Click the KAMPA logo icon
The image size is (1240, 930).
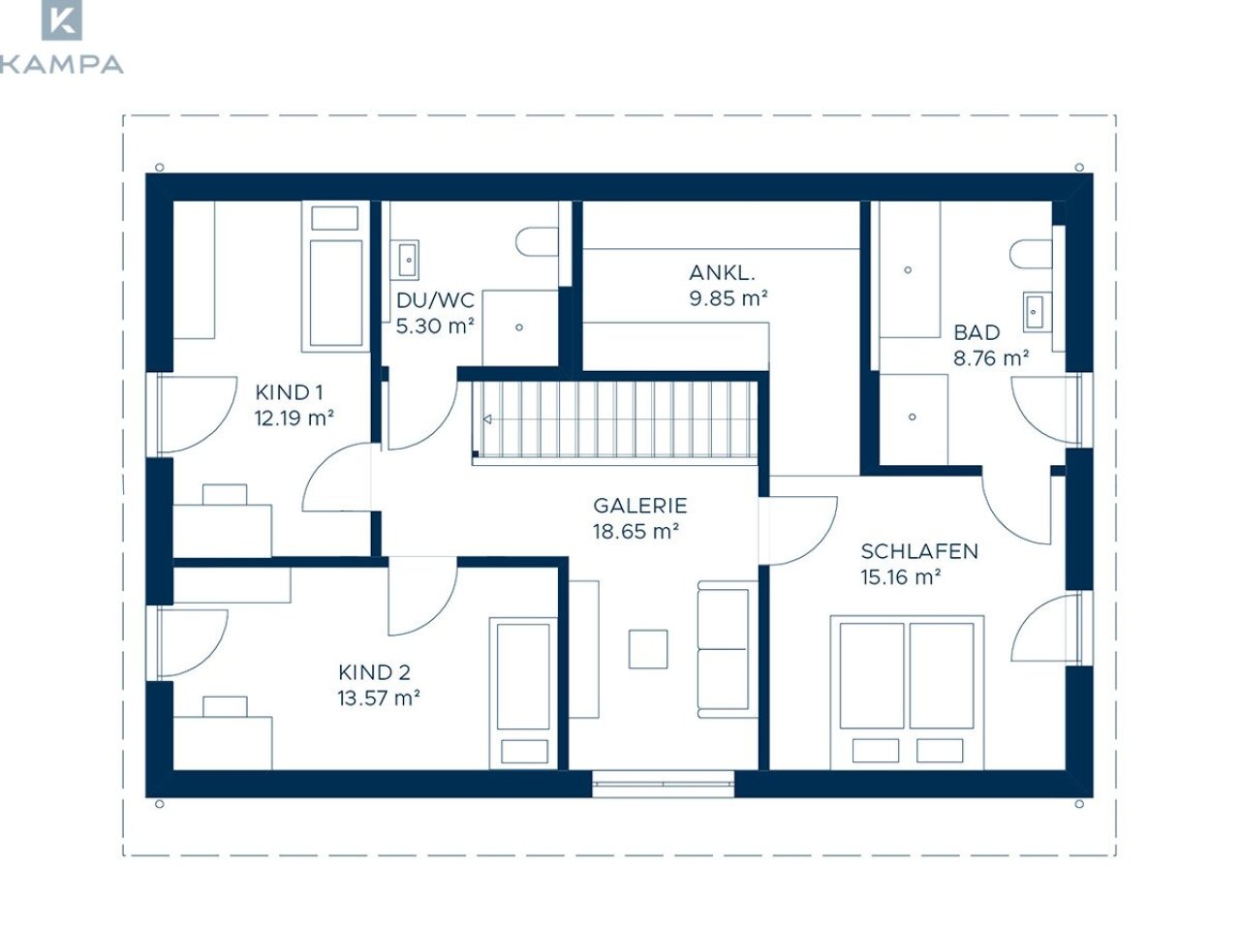[62, 19]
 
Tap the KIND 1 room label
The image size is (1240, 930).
[289, 392]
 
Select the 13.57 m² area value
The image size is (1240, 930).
[379, 698]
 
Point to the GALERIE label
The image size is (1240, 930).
[640, 506]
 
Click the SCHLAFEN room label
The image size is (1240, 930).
[919, 551]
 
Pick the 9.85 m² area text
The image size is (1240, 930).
[728, 298]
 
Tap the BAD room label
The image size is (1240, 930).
[976, 332]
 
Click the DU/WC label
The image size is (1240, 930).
[435, 300]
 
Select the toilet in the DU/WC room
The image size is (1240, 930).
[537, 242]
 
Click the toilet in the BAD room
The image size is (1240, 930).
[1031, 254]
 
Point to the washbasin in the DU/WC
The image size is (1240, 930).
[408, 261]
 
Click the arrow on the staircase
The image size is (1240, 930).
[487, 418]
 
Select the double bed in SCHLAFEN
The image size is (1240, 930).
[907, 693]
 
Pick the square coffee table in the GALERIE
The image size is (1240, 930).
[648, 649]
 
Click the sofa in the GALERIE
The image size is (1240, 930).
[728, 649]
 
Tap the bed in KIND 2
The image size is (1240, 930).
[523, 693]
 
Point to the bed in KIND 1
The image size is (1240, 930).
[335, 277]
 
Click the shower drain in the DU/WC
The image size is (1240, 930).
[519, 326]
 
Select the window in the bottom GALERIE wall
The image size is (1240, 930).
[664, 784]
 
